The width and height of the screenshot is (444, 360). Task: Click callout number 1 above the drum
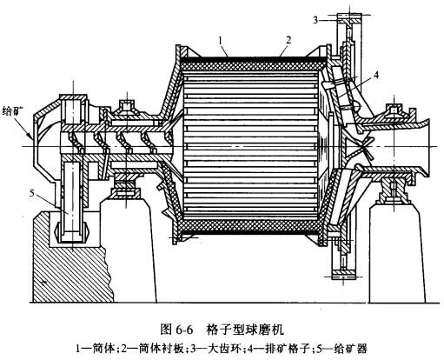click(x=221, y=41)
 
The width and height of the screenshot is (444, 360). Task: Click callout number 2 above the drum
click(x=288, y=40)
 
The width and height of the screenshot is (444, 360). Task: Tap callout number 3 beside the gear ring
click(x=315, y=20)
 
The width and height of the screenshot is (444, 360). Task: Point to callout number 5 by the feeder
click(x=32, y=193)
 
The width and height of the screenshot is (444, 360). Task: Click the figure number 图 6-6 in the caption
click(x=176, y=330)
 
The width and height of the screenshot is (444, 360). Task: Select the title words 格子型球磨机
click(x=245, y=330)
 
